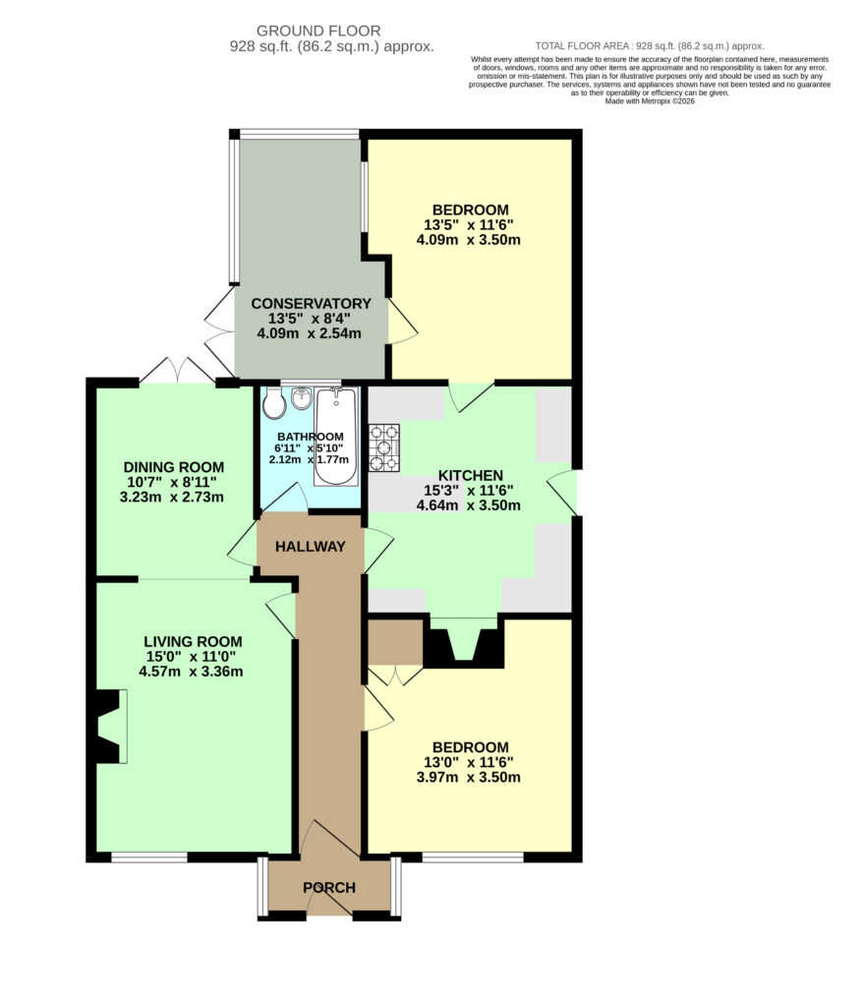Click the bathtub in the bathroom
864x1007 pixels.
tap(336, 437)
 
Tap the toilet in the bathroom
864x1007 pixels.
tap(275, 402)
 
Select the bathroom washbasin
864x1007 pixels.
tap(300, 398)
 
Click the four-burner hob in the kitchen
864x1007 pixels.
tap(384, 447)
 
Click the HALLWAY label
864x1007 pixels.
tap(310, 547)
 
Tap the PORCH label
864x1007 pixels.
tap(329, 888)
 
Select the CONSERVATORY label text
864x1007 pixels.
tap(311, 304)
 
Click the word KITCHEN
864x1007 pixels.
tap(471, 476)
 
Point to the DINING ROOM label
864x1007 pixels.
tap(173, 467)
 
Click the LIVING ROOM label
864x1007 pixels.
tap(193, 641)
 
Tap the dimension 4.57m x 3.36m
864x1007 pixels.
tap(191, 672)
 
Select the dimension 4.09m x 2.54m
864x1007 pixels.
tap(309, 334)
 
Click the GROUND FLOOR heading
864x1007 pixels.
tap(318, 30)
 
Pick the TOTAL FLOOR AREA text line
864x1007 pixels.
tap(650, 46)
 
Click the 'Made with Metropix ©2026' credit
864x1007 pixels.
tap(650, 101)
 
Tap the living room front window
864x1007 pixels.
tap(149, 858)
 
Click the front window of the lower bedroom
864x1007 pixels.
tap(473, 858)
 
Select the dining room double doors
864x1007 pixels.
tap(177, 371)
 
